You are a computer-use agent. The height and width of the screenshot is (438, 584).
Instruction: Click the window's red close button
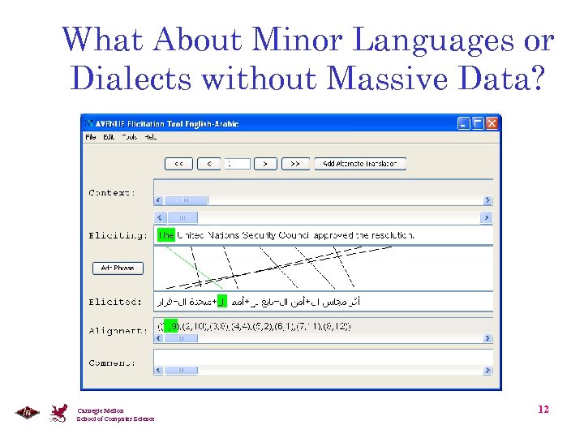coord(492,124)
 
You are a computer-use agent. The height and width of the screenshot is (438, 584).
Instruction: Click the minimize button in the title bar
coord(463,124)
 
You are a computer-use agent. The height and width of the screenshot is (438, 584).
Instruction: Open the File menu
coord(91,137)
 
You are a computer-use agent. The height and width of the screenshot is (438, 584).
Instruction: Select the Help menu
coord(150,137)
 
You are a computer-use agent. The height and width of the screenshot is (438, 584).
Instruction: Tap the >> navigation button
coord(295,163)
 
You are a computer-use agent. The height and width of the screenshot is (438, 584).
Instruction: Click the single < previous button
coord(208,163)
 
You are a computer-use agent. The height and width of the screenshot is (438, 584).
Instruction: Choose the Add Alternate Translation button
coord(360,163)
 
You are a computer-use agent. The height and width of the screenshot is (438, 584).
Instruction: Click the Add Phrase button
coord(118,268)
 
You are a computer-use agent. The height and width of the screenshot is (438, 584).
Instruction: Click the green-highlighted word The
coord(166,235)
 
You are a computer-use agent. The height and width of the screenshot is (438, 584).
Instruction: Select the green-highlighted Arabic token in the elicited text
coord(223,302)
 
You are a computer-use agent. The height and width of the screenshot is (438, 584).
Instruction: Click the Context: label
coord(112,193)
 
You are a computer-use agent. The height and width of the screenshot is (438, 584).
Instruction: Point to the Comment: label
coord(112,363)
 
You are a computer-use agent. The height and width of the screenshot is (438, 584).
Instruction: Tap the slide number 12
coord(543,410)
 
